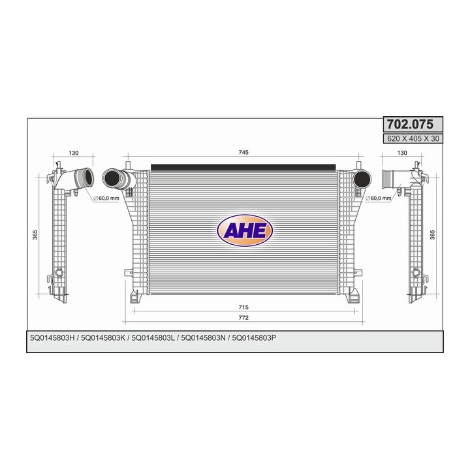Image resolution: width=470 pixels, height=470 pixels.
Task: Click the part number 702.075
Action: tap(410, 124)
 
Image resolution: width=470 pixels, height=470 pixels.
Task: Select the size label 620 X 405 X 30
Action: tap(413, 138)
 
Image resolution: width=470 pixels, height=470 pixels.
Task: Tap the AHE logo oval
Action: tap(245, 230)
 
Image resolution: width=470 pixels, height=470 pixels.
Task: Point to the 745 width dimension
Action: tap(243, 152)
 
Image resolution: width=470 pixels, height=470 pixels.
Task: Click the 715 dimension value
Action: tap(243, 307)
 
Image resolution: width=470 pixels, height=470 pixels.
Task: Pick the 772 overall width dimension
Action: tap(243, 318)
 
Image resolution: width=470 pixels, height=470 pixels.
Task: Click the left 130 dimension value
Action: tap(73, 153)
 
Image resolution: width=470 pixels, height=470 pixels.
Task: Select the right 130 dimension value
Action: tap(402, 153)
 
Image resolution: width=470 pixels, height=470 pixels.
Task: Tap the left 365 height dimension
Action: tap(35, 235)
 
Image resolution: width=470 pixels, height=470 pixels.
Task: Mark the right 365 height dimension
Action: tap(432, 235)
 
